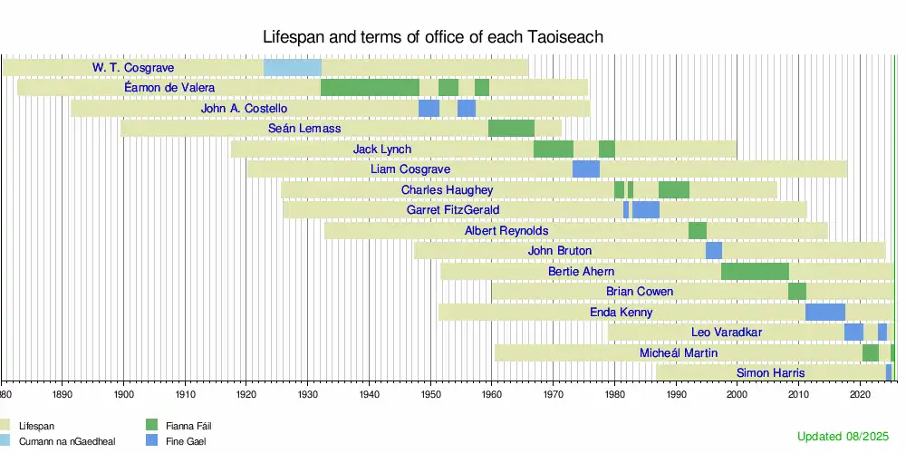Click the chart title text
coord(433,37)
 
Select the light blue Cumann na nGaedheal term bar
coord(292,68)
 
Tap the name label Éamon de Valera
coord(169,88)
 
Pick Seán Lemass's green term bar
coord(511,129)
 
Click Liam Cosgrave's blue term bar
coord(586,169)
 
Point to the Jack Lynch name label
coord(382,149)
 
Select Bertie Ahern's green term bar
coord(755,271)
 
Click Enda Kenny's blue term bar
coord(824,313)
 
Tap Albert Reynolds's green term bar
coord(697,231)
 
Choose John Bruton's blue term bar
coord(714,251)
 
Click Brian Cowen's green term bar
coord(796,292)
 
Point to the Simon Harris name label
coord(770,373)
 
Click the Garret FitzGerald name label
coord(453,210)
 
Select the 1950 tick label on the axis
coord(430,395)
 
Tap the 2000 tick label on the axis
coord(737,395)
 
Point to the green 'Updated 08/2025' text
coord(844,437)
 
